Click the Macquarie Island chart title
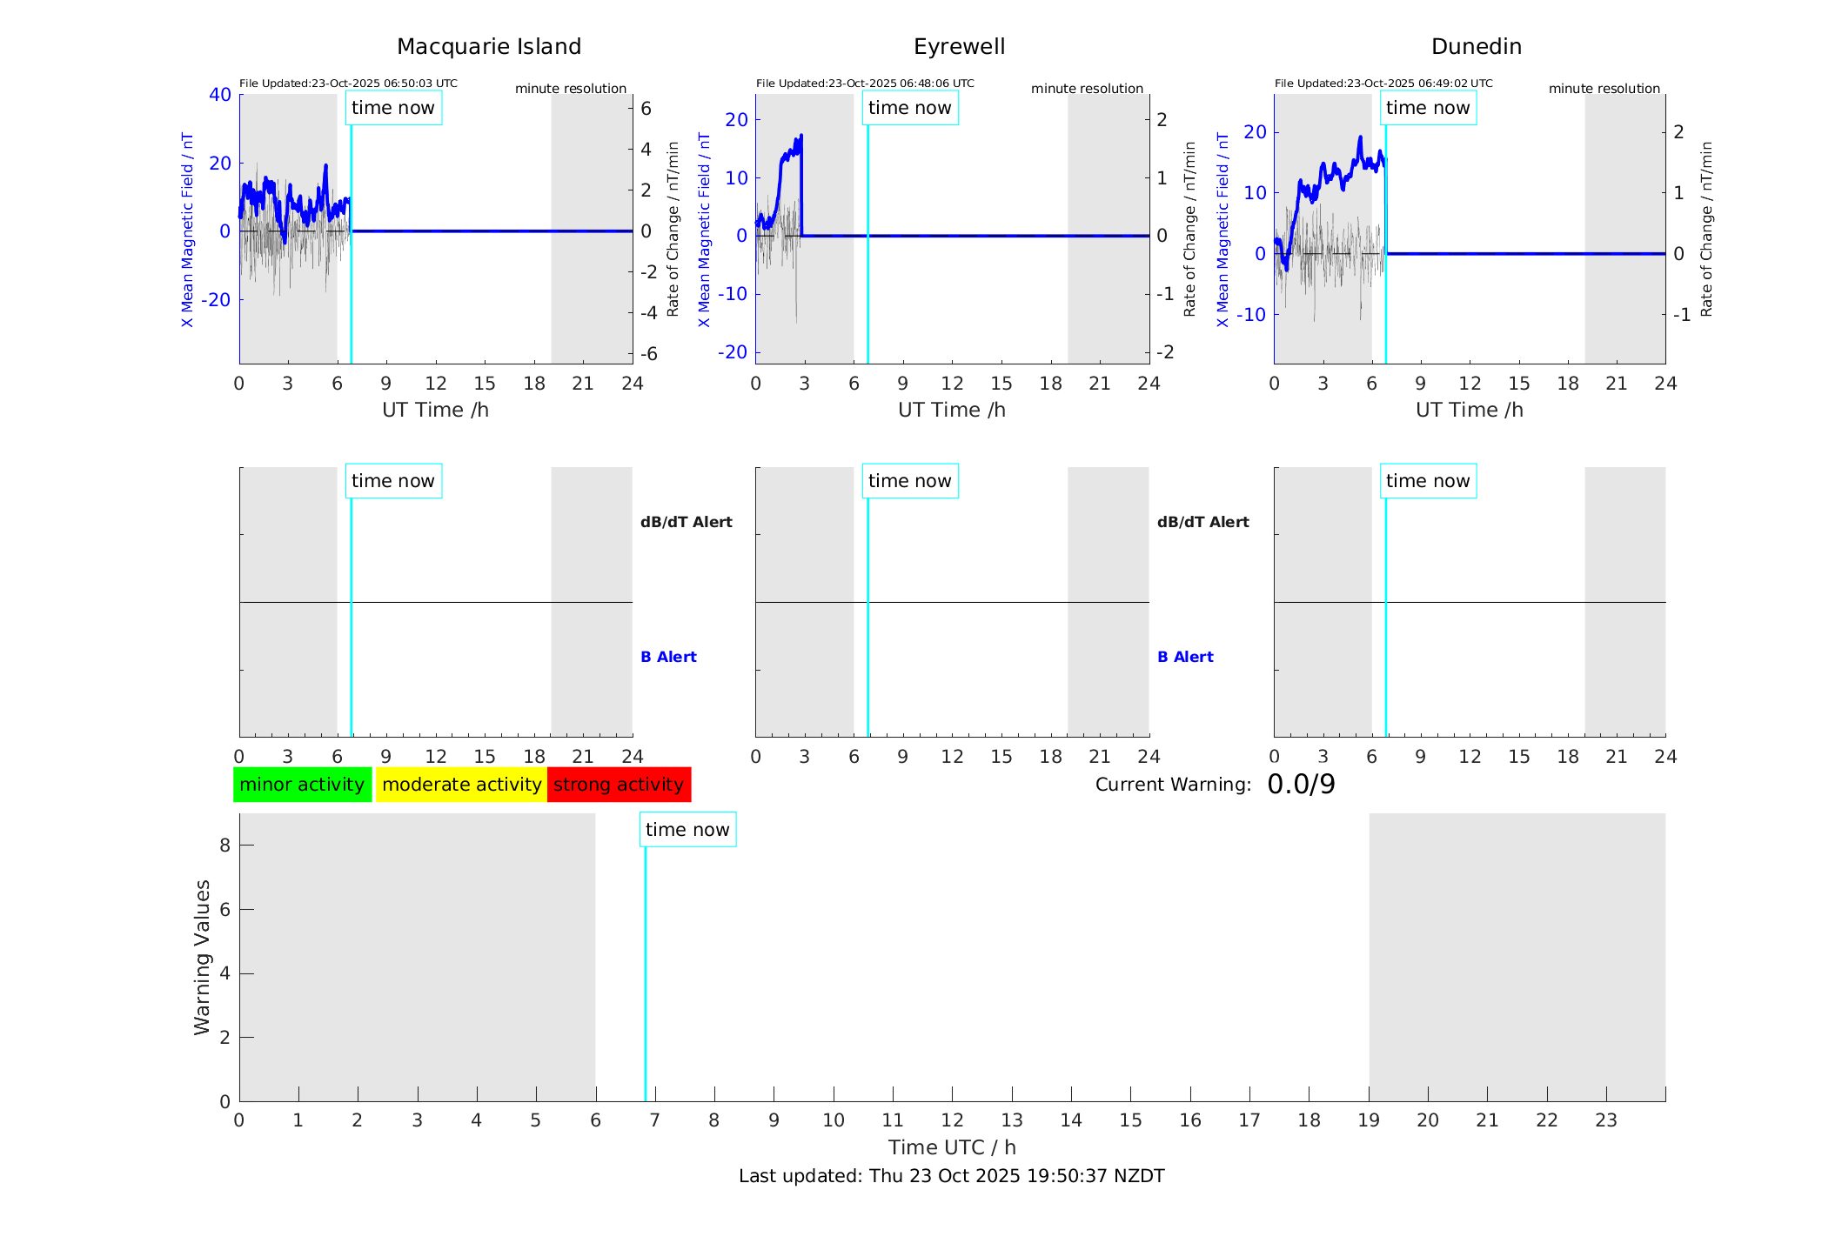488,47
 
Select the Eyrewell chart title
959,47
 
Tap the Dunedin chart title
1476,47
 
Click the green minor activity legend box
302,785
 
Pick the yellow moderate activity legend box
461,785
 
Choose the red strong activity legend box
619,785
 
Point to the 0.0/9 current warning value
1301,785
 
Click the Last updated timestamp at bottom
951,1176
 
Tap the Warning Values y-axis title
202,957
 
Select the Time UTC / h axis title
951,1147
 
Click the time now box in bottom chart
687,830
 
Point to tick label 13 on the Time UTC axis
1012,1120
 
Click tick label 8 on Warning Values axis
224,845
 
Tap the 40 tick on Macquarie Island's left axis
220,94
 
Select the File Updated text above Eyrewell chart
865,84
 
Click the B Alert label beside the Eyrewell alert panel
1185,657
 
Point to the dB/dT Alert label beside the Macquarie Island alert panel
686,522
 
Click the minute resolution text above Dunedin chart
1604,89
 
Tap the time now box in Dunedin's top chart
1427,108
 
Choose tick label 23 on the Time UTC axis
1605,1120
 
